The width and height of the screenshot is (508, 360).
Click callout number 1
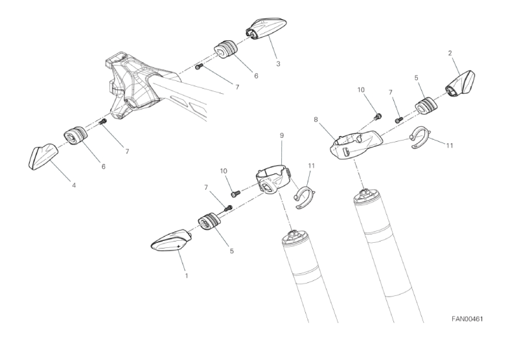[x=187, y=276]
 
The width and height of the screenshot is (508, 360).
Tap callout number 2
[x=450, y=53]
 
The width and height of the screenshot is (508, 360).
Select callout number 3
[x=278, y=63]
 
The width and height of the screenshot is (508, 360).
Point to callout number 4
[x=74, y=185]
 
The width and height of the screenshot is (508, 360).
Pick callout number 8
[x=316, y=120]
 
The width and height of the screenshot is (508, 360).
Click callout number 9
[x=281, y=135]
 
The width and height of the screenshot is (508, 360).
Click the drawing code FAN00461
[x=467, y=319]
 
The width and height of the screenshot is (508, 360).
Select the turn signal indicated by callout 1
[x=172, y=240]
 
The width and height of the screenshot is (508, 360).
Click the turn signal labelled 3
[x=266, y=28]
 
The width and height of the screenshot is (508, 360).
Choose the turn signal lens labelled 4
[x=43, y=157]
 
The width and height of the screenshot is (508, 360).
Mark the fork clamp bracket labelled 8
[x=356, y=144]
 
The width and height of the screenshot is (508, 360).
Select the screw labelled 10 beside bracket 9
[x=235, y=194]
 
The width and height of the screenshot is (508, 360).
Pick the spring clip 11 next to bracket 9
[x=304, y=197]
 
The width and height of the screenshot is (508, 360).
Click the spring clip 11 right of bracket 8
[x=421, y=137]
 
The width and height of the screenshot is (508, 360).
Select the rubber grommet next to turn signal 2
[x=426, y=106]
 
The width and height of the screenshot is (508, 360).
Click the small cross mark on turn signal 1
[x=179, y=247]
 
